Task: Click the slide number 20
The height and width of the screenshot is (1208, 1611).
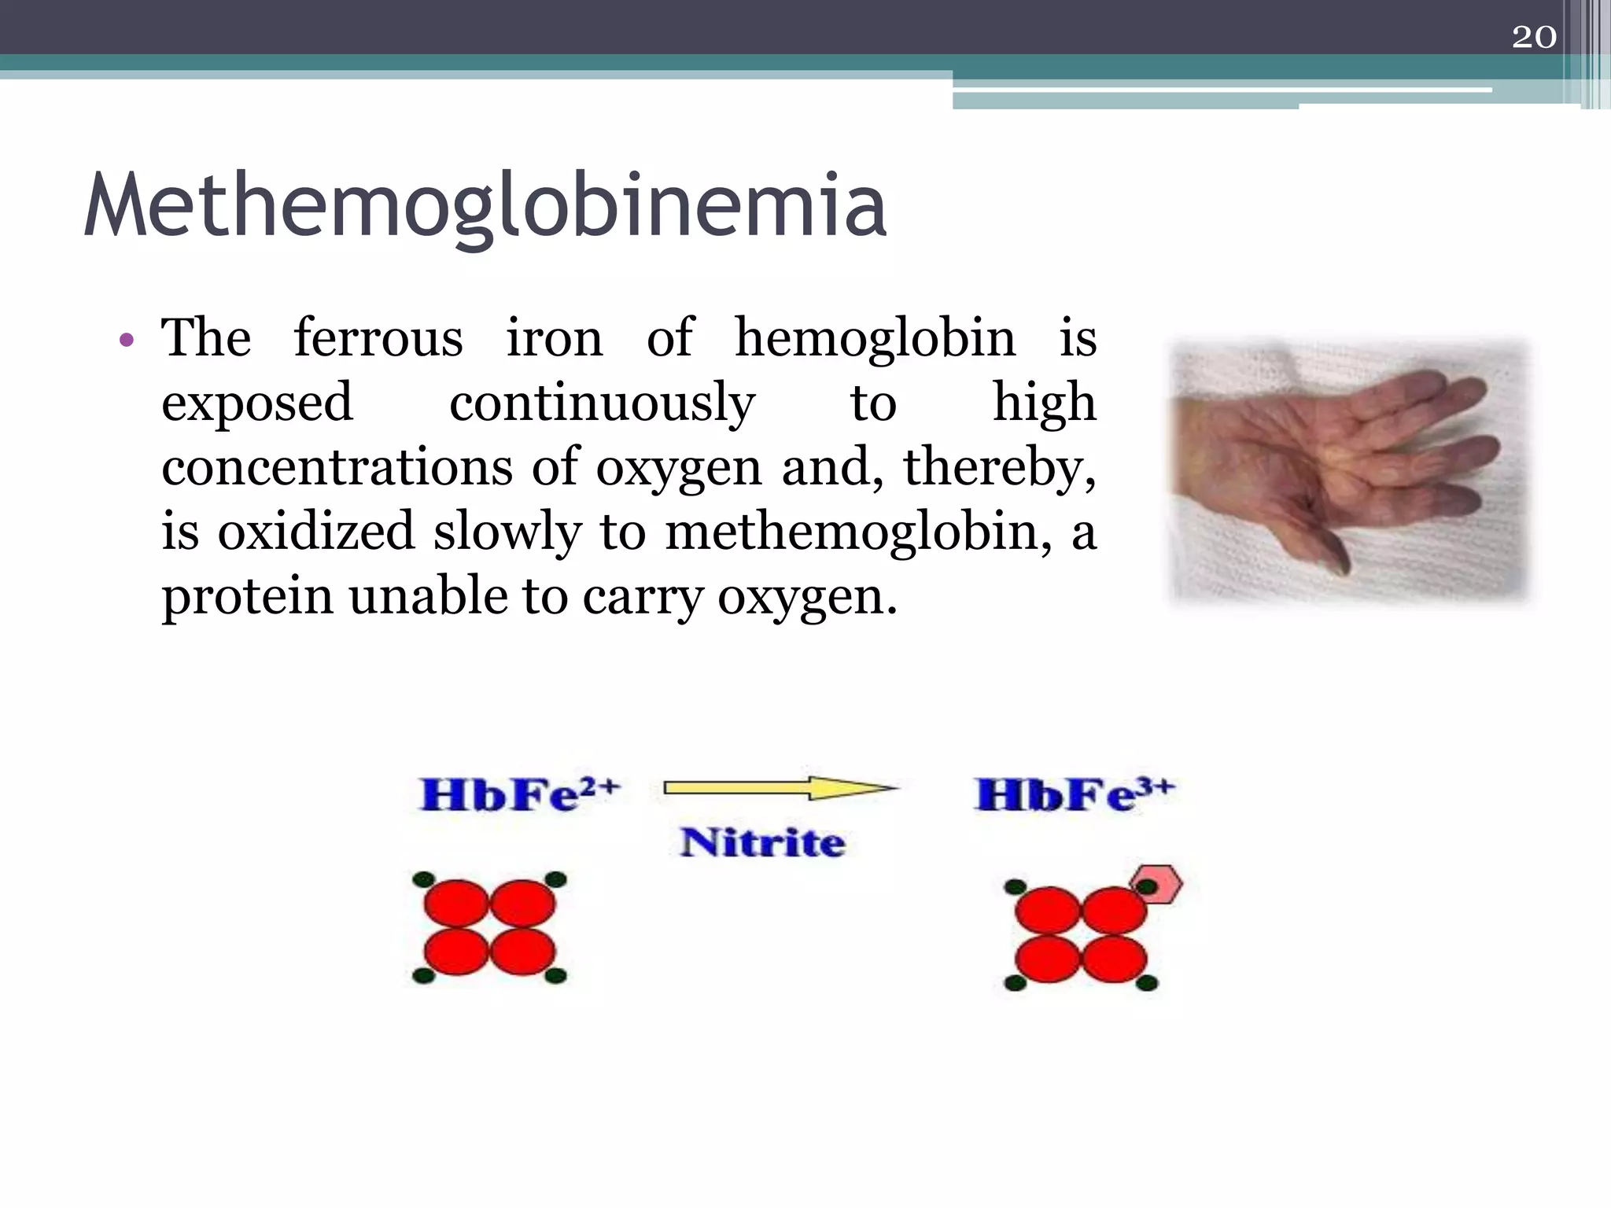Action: tap(1533, 37)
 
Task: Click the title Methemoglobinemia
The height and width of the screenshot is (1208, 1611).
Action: tap(485, 205)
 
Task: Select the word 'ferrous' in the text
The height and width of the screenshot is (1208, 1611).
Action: tap(378, 338)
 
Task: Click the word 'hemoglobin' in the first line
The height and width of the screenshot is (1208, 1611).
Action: tap(875, 338)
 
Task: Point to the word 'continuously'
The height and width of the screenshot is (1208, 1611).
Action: tap(602, 403)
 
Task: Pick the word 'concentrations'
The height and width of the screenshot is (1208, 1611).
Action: tap(337, 467)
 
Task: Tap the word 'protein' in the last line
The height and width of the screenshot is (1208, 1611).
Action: tap(247, 598)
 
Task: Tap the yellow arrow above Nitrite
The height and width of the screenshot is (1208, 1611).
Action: tap(779, 787)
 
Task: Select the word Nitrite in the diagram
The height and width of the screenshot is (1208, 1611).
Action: tap(762, 842)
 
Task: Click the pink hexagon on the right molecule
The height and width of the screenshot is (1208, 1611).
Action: tap(1156, 885)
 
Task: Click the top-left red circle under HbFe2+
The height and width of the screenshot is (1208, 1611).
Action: tap(456, 904)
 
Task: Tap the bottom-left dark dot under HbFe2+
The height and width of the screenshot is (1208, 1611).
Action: tap(423, 976)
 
